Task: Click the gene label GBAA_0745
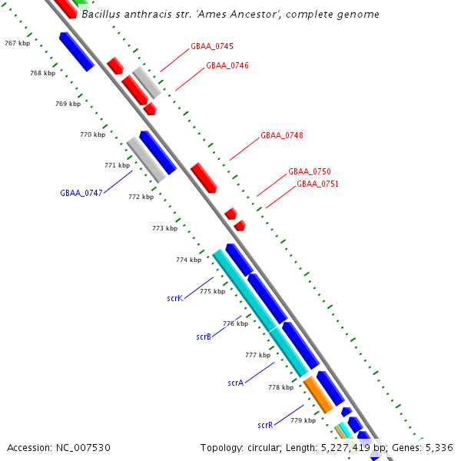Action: point(212,47)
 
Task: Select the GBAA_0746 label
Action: point(227,66)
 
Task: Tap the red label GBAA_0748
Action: point(281,136)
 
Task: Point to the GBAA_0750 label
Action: point(309,172)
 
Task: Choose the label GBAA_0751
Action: point(317,184)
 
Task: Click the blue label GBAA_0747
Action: point(81,193)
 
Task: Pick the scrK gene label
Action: point(174,297)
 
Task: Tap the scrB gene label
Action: point(204,337)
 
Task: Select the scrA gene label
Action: point(235,383)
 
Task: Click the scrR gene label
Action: point(265,425)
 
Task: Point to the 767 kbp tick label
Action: point(17,44)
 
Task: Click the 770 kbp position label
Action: point(92,135)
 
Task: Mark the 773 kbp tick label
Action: point(164,228)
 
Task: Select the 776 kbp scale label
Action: point(235,324)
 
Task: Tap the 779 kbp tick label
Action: point(303,421)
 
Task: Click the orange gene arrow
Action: point(318,393)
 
